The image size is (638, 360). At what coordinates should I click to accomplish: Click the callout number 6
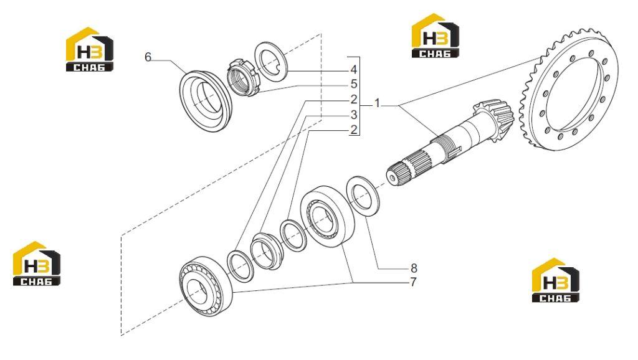[x=148, y=57]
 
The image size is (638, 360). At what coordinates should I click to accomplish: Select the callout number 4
[x=354, y=70]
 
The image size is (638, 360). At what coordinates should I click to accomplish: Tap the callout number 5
[x=354, y=84]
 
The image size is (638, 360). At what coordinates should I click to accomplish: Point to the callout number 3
[x=354, y=115]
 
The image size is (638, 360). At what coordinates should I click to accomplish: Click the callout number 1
[x=377, y=103]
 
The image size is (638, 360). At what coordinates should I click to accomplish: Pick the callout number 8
[x=414, y=268]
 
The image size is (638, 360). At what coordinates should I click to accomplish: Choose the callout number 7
[x=414, y=282]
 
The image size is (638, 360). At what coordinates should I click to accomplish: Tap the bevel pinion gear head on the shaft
[x=494, y=120]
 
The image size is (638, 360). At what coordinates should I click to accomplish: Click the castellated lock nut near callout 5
[x=242, y=77]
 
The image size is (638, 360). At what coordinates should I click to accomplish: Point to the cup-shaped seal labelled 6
[x=205, y=101]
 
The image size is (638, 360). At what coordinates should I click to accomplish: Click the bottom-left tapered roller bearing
[x=206, y=287]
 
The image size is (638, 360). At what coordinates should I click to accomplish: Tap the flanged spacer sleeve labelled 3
[x=265, y=250]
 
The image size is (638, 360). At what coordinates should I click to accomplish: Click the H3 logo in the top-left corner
[x=90, y=49]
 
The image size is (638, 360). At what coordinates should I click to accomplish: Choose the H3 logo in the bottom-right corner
[x=556, y=280]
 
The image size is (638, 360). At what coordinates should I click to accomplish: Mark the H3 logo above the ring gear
[x=436, y=36]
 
